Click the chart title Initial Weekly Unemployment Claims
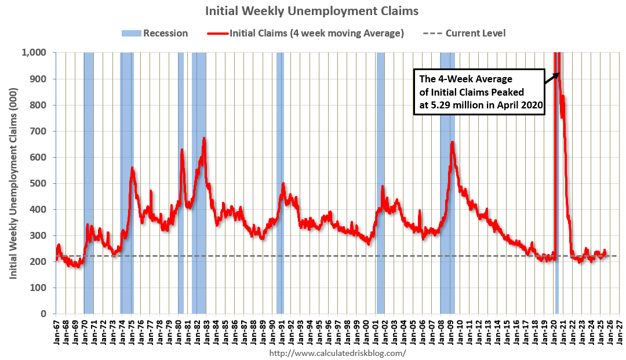[312, 11]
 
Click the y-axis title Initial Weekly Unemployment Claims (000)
[13, 183]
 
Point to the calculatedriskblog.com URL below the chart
[338, 352]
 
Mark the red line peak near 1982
[204, 138]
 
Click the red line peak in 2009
[452, 142]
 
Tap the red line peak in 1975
[132, 168]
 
